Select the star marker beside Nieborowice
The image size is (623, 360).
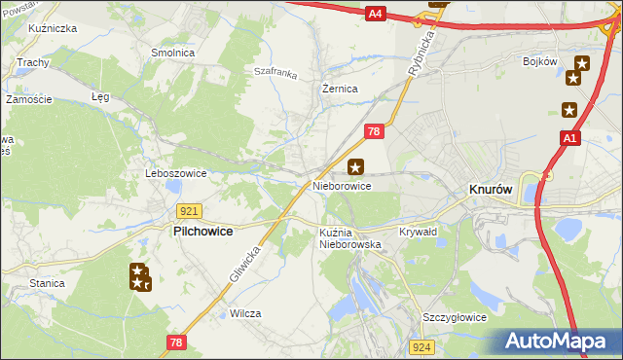[356, 166]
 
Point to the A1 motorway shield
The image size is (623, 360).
[570, 141]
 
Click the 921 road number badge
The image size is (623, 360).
[190, 210]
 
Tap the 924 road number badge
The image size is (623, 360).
[421, 346]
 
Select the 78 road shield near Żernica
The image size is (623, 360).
[374, 130]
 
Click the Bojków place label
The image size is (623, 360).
[538, 61]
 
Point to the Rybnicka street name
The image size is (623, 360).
[421, 60]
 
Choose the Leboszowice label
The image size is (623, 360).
[175, 173]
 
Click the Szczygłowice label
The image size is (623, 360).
[454, 318]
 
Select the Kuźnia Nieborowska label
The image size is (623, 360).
[350, 238]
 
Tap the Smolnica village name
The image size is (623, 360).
[172, 53]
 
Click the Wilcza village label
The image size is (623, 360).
[245, 314]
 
